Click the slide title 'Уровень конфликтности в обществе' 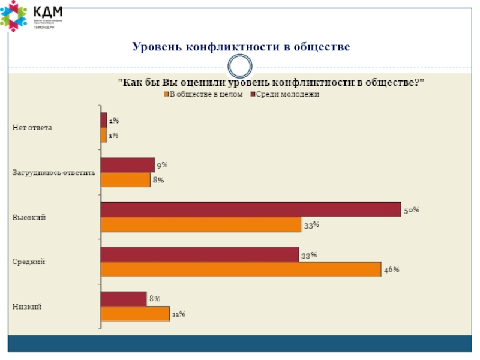click(x=241, y=46)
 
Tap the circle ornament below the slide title click(x=240, y=66)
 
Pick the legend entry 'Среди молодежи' click(x=286, y=94)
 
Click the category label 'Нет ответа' click(x=33, y=128)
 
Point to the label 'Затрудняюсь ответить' click(x=54, y=173)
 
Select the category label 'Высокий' click(x=29, y=217)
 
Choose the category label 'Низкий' click(x=28, y=307)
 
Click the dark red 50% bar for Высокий click(x=250, y=209)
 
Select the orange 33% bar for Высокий click(x=200, y=224)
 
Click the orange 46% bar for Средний click(x=241, y=269)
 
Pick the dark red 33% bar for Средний click(x=199, y=254)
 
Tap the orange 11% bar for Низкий click(x=135, y=314)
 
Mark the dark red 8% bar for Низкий click(x=124, y=299)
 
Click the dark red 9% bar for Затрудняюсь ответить click(x=127, y=165)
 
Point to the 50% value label click(x=411, y=211)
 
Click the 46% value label click(x=392, y=270)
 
